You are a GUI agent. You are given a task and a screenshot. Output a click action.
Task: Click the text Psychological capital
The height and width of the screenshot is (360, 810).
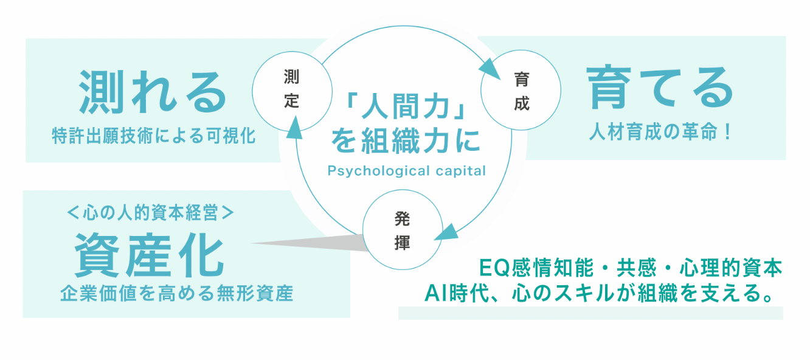406,171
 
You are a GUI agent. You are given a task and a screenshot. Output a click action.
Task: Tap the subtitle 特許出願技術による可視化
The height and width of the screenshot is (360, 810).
154,136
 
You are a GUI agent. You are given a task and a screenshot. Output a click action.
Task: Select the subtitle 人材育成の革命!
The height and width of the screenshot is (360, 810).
659,132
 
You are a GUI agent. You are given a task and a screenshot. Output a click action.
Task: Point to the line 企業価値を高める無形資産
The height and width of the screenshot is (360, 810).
176,295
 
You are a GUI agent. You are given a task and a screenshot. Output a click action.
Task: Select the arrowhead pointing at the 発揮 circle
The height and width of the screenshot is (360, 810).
449,232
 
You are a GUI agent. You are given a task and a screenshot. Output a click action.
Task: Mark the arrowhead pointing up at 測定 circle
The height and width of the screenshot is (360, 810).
294,128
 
